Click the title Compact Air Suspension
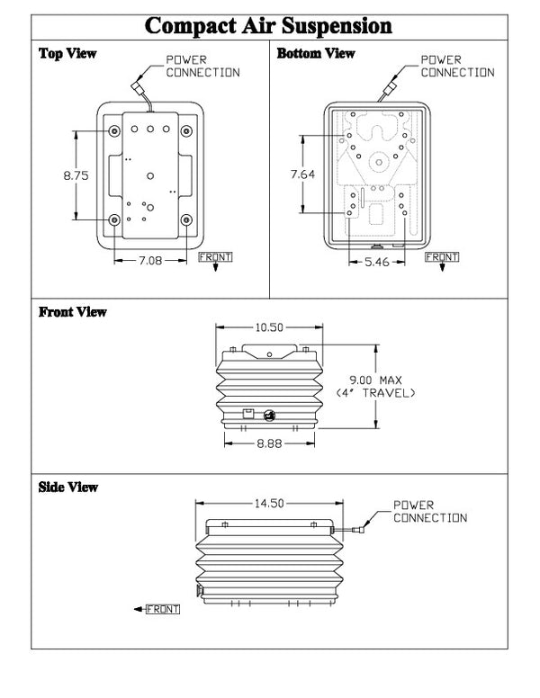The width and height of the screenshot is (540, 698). point(269,24)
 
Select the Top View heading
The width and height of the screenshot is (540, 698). point(67,54)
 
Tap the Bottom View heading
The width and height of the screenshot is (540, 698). point(316,54)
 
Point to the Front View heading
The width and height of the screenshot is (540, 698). point(73,312)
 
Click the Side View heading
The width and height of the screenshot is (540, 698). point(68,487)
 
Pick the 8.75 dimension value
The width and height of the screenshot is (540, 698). point(76,176)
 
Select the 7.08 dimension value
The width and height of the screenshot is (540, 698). point(150,262)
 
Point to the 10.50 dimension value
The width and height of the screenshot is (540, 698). point(268,328)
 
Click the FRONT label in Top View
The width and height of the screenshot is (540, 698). point(215,257)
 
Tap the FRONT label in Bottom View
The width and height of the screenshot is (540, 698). point(441,257)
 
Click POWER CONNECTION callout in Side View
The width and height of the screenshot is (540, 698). point(430,512)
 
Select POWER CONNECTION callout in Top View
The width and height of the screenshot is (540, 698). point(202,67)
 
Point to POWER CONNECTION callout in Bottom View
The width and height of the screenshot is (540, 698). point(457,67)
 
